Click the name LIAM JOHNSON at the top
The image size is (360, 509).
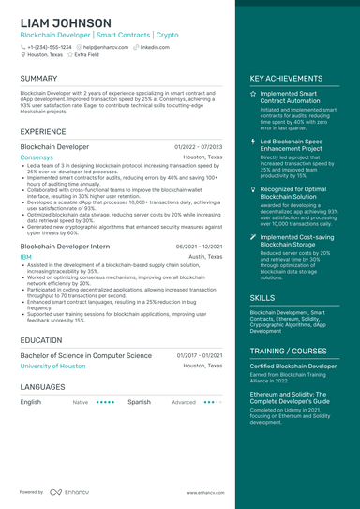pos(65,22)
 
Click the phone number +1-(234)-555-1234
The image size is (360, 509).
pos(49,46)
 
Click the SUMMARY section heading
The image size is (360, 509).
pos(38,79)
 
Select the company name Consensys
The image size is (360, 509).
pos(37,157)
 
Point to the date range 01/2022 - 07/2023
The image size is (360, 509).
pos(198,147)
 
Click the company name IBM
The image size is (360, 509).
pos(25,256)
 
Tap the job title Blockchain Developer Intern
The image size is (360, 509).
pos(65,246)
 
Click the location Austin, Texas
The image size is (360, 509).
pos(205,256)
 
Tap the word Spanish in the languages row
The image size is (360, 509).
pos(139,401)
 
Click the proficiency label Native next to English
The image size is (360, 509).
pos(81,401)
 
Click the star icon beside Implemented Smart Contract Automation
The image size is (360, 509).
pos(252,95)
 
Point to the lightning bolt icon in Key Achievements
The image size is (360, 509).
pos(252,142)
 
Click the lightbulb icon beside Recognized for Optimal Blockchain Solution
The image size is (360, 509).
pos(252,189)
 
